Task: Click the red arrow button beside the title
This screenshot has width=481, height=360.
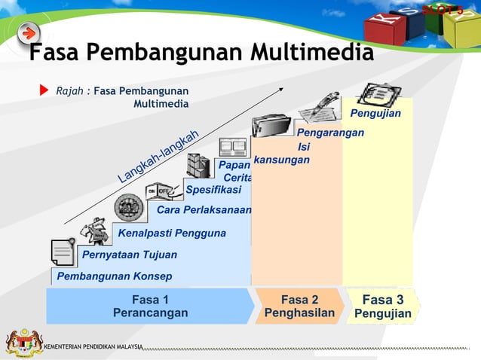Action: (29, 34)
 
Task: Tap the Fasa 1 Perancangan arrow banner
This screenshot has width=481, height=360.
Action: (150, 306)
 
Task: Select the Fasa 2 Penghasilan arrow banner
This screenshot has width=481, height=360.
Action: (299, 306)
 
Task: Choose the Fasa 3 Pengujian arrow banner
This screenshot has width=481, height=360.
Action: (382, 306)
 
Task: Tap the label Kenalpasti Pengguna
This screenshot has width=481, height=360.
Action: (172, 233)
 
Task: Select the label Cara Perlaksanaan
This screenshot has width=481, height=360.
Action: (204, 210)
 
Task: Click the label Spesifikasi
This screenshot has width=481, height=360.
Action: (213, 189)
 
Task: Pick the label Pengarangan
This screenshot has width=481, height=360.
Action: (330, 133)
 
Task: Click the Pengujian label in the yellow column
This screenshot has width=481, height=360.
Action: (375, 113)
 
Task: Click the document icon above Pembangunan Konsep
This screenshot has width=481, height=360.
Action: (63, 252)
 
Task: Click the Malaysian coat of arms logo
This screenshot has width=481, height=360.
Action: (23, 343)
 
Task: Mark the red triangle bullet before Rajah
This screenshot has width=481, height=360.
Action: (44, 92)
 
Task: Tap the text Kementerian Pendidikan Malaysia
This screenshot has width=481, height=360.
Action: (93, 346)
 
